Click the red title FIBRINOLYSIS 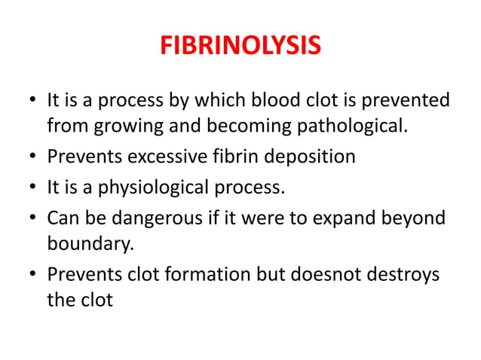click(240, 47)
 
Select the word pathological click(357, 124)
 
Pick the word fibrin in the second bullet click(212, 157)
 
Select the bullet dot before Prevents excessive click(32, 157)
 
